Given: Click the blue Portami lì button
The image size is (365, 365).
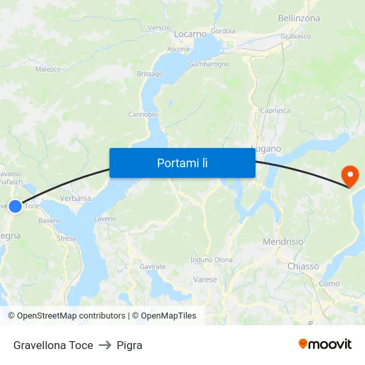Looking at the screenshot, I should click(182, 163).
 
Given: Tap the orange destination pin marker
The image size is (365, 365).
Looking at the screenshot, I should click(349, 176).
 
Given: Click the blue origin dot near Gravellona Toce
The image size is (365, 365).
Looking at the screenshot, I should click(15, 206).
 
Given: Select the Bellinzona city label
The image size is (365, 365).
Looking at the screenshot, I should click(299, 18).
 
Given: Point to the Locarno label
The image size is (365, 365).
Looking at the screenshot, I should click(190, 33).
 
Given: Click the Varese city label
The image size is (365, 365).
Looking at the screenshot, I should click(205, 279).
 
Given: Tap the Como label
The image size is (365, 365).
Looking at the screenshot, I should click(329, 283).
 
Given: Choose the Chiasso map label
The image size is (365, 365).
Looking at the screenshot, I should click(303, 266).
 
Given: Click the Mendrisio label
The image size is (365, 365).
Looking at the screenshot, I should click(283, 242).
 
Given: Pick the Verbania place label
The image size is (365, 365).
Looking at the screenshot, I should click(75, 198).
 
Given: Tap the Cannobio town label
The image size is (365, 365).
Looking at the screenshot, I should click(143, 114).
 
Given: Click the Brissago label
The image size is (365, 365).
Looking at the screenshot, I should click(149, 74).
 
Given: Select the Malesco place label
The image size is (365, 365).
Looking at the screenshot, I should click(48, 69).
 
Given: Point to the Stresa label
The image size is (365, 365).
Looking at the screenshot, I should click(66, 238).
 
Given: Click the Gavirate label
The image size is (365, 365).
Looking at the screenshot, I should click(153, 266).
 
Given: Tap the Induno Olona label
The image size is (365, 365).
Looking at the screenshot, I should click(211, 259).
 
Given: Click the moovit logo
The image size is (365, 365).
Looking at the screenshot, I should click(325, 344).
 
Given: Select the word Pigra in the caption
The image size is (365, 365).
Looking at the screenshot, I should click(129, 345).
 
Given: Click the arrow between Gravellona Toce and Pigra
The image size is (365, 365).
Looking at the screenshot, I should click(105, 345).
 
